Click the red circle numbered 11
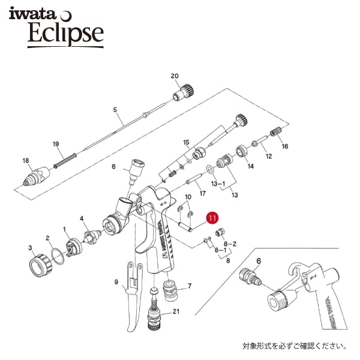(212, 217)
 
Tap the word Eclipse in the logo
(65, 34)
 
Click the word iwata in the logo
(32, 14)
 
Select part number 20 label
(175, 76)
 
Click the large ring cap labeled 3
(41, 265)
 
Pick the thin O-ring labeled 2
(58, 256)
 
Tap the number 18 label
(26, 160)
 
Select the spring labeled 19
(65, 160)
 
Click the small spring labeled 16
(275, 131)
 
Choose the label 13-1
(218, 184)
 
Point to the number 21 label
(176, 311)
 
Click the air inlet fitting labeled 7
(169, 292)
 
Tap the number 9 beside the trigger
(116, 281)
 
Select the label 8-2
(230, 244)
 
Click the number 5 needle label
(115, 110)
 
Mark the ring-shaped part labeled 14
(241, 152)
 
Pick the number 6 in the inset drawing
(259, 261)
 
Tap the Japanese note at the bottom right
(295, 346)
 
